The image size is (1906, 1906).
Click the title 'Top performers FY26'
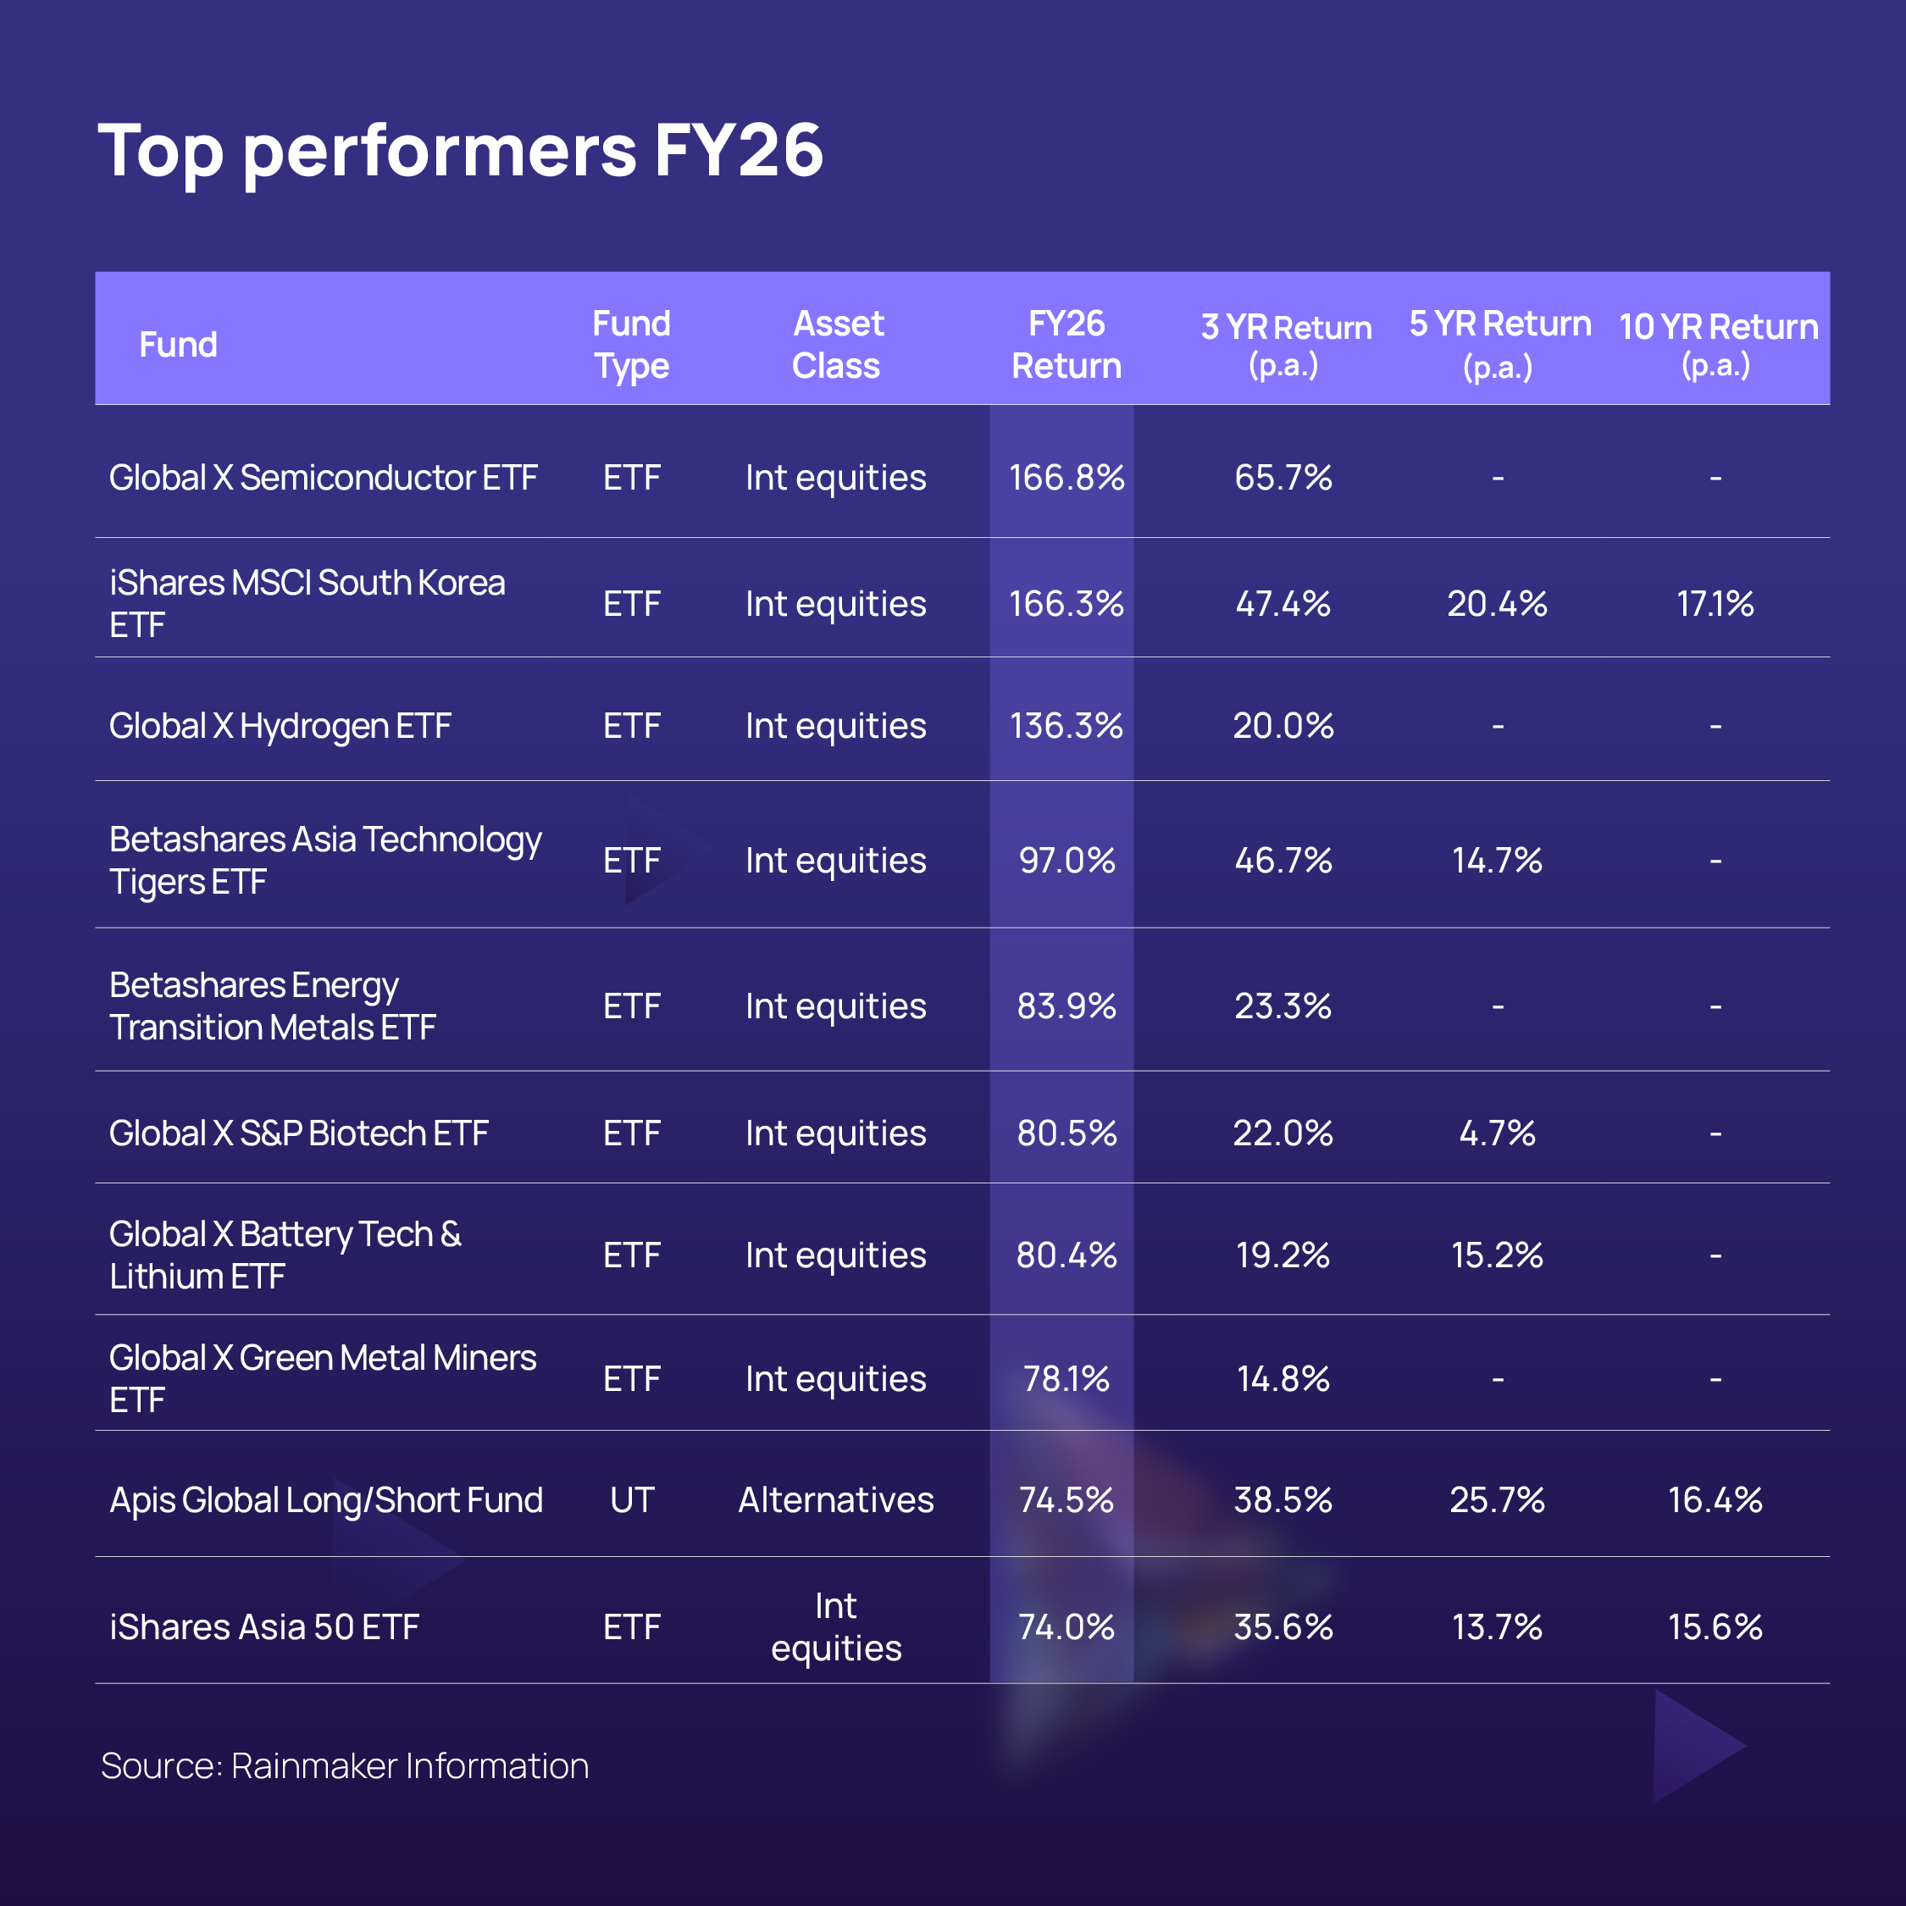pos(460,151)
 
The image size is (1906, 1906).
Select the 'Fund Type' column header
pos(631,344)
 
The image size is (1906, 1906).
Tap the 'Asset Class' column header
pos(837,344)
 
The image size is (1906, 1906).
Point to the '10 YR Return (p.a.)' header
pos(1718,344)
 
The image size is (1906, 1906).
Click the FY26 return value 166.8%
pos(1067,478)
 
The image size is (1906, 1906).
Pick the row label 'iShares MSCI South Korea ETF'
pos(307,603)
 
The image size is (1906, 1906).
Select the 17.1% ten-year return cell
pos(1715,603)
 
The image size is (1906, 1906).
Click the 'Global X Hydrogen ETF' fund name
pos(280,726)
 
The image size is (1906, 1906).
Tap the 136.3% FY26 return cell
pos(1067,726)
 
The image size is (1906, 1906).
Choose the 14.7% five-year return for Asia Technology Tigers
pos(1497,861)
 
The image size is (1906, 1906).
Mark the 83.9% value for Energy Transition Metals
pos(1067,1006)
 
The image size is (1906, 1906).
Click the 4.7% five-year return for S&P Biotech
pos(1497,1133)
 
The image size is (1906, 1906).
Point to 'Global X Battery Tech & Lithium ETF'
pos(285,1255)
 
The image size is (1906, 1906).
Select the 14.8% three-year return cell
pos(1283,1378)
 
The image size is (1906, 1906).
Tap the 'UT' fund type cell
pos(631,1499)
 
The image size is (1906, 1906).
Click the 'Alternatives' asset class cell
pos(837,1499)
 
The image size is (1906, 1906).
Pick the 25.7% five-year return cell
pos(1497,1499)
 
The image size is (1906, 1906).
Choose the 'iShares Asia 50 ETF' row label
pos(264,1626)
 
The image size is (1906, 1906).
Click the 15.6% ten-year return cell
pos(1715,1626)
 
